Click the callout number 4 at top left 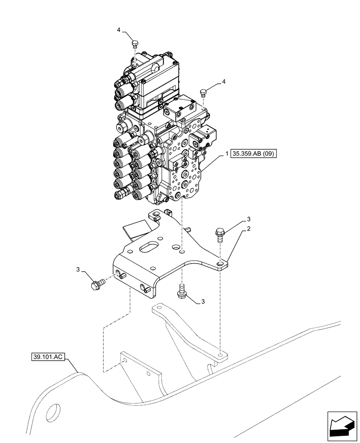(119, 30)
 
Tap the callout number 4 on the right (224, 82)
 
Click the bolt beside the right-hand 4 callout (204, 93)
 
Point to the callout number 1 (227, 154)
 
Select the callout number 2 (249, 229)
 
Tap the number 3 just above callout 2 (249, 219)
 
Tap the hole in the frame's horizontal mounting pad (220, 355)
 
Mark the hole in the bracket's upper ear (156, 216)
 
